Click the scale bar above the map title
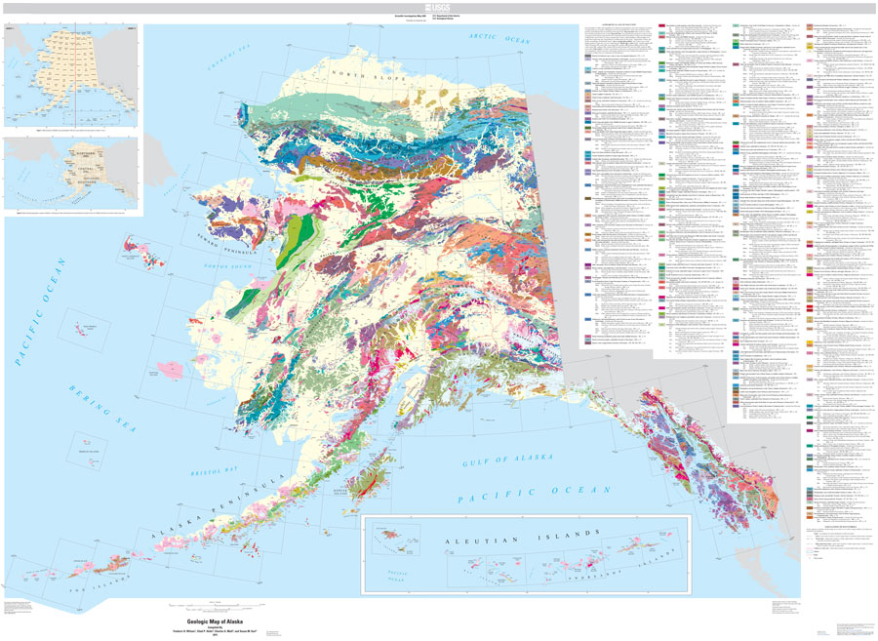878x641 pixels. click(x=208, y=600)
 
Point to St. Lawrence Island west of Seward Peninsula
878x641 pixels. click(x=143, y=247)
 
